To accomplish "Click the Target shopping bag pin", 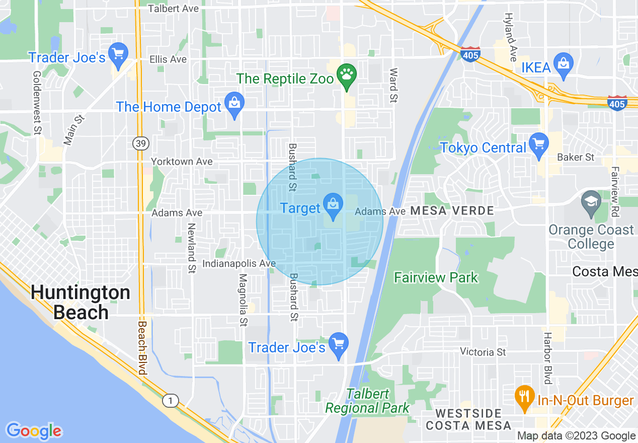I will [333, 205].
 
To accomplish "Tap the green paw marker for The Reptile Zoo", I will [347, 75].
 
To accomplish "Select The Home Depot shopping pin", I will [234, 104].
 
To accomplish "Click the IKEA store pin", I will [563, 64].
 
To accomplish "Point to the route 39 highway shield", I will [140, 144].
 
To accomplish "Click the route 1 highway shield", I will [171, 401].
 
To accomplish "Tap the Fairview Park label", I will [436, 277].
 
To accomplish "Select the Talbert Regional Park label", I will [367, 401].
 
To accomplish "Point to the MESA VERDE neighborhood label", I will [452, 211].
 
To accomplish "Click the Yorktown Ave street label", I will [182, 162].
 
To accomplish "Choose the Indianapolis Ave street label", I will [239, 263].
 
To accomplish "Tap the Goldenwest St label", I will [37, 103].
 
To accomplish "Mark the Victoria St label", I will [483, 352].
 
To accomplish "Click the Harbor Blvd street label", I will [548, 358].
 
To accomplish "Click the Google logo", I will [34, 431].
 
